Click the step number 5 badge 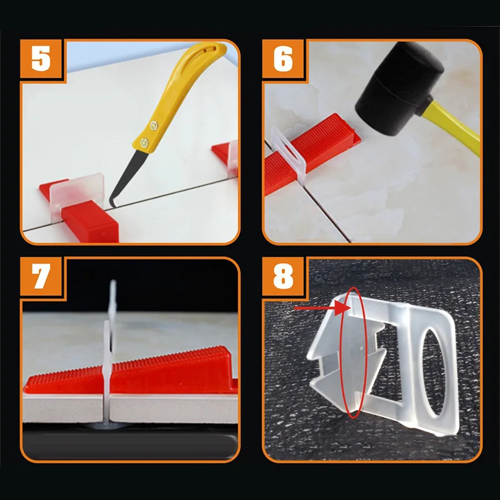[x=41, y=59]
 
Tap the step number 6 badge [x=283, y=59]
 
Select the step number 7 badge [x=41, y=276]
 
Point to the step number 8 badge [x=283, y=276]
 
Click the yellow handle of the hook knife [x=179, y=96]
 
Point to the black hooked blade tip [x=112, y=204]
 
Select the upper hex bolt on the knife [x=154, y=126]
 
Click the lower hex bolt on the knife [x=144, y=142]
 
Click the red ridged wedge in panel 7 [x=131, y=371]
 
